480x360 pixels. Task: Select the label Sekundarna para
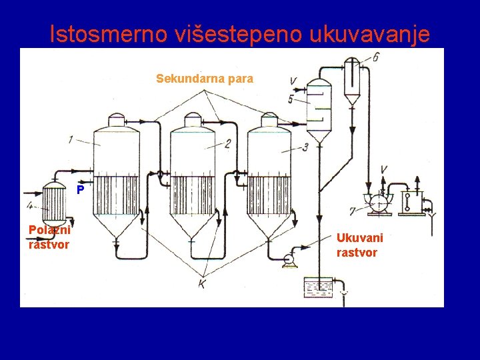pyautogui.click(x=205, y=79)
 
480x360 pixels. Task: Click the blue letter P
pyautogui.click(x=80, y=190)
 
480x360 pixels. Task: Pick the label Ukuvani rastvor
pyautogui.click(x=360, y=245)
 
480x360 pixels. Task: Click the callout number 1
pyautogui.click(x=71, y=139)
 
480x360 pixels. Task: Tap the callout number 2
pyautogui.click(x=227, y=143)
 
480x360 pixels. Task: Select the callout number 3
pyautogui.click(x=305, y=147)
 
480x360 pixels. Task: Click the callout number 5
pyautogui.click(x=291, y=99)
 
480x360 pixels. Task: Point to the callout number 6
pyautogui.click(x=376, y=57)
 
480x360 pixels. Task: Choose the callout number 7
pyautogui.click(x=351, y=211)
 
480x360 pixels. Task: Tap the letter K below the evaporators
pyautogui.click(x=202, y=284)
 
